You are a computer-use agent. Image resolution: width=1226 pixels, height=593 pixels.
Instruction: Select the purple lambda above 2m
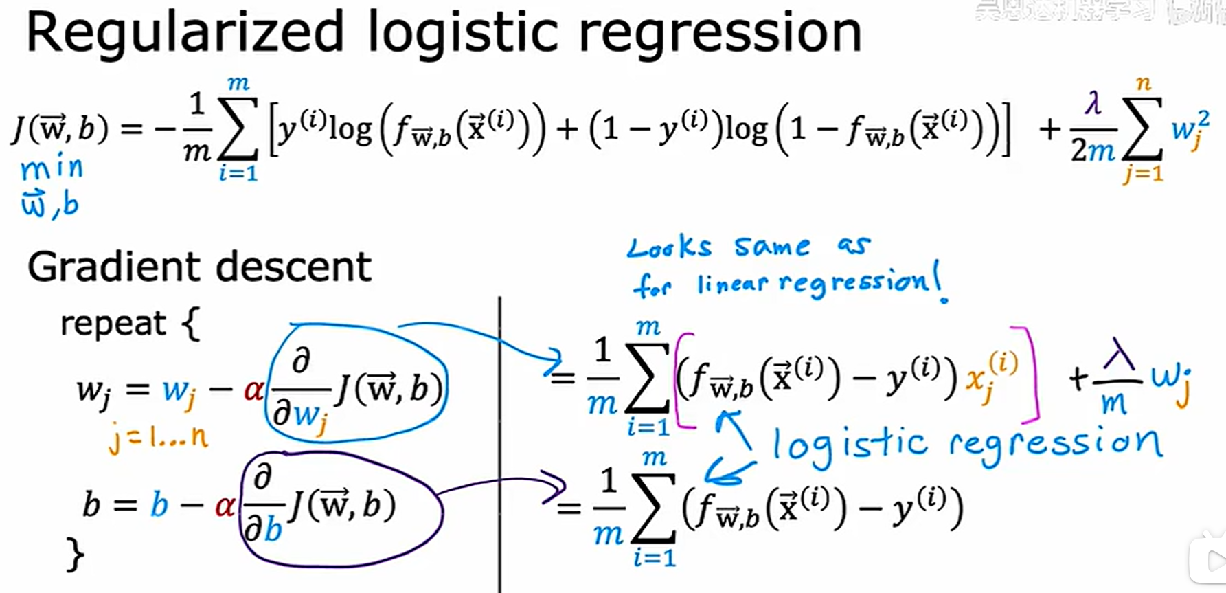click(1093, 104)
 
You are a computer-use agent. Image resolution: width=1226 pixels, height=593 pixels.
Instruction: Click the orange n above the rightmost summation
click(1143, 84)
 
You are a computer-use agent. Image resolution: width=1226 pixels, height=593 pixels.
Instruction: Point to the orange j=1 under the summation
click(1143, 172)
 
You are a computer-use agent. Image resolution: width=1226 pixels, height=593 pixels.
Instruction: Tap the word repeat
click(113, 323)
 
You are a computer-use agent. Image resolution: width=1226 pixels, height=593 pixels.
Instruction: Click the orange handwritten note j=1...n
click(158, 438)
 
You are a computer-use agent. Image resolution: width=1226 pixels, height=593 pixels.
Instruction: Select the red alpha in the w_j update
click(253, 390)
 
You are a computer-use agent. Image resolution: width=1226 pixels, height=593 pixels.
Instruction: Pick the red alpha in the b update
click(225, 506)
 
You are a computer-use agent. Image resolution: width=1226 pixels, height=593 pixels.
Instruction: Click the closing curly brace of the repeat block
click(75, 554)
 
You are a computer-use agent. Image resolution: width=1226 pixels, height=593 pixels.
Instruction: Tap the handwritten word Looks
click(670, 247)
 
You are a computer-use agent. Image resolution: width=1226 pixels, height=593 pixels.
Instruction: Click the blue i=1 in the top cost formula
click(238, 173)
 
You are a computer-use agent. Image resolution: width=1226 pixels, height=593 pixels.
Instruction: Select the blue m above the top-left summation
click(238, 84)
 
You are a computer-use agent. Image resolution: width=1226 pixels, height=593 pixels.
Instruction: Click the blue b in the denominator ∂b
click(273, 530)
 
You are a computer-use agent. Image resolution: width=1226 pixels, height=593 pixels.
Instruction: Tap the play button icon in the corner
click(1212, 560)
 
